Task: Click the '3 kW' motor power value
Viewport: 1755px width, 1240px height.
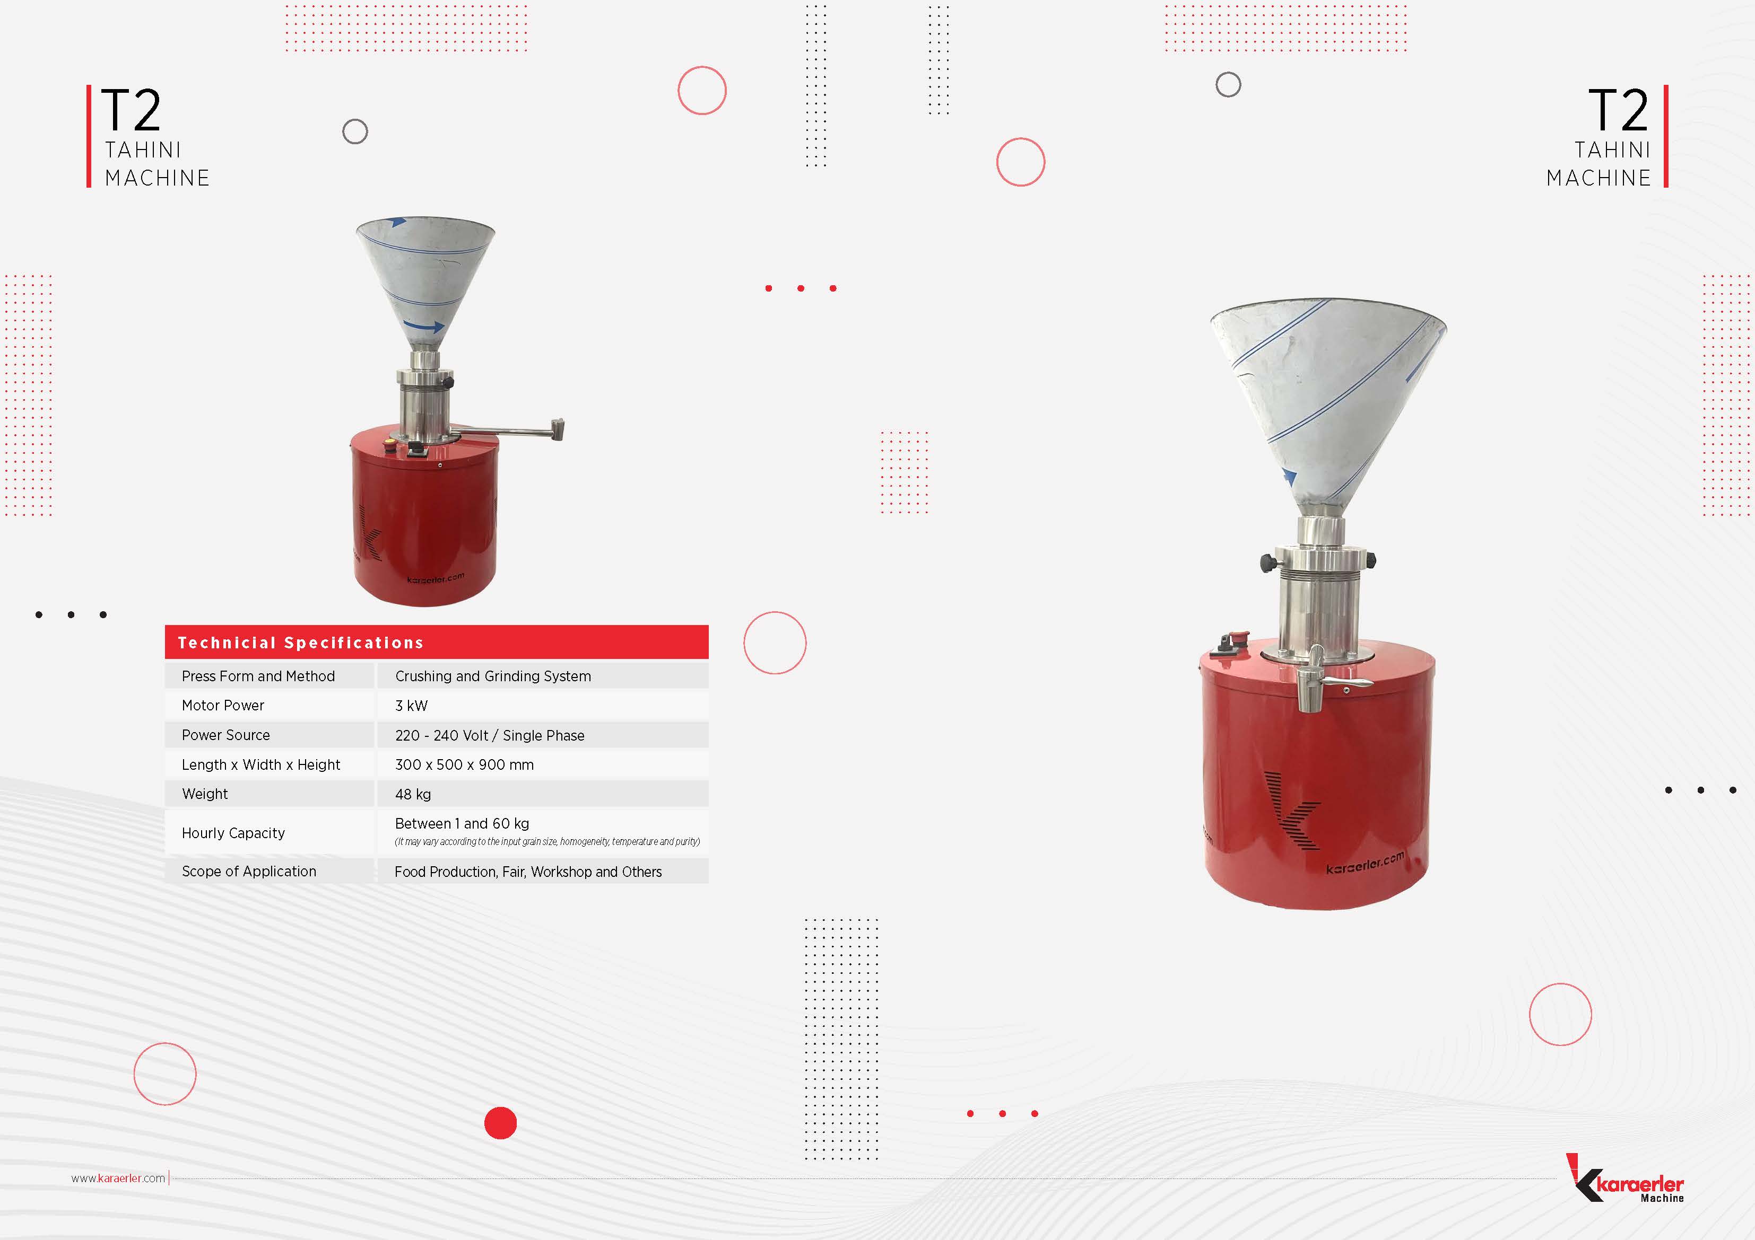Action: pos(411,705)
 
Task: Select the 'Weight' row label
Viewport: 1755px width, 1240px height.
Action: pos(205,794)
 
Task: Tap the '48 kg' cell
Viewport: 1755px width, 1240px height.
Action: pos(413,794)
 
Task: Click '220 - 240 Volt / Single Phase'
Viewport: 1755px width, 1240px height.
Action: pos(489,735)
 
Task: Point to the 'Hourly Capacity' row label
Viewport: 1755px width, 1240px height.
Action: pos(233,833)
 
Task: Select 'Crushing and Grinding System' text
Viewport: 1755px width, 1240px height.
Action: pos(493,676)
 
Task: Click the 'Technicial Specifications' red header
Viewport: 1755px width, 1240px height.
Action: pos(437,642)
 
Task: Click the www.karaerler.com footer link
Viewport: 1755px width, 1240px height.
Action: pos(118,1178)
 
